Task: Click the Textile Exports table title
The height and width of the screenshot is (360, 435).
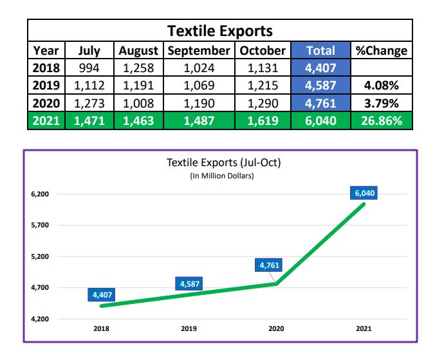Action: pyautogui.click(x=219, y=30)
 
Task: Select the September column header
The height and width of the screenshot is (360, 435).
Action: pyautogui.click(x=198, y=50)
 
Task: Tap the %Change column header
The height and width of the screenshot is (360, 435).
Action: pyautogui.click(x=382, y=50)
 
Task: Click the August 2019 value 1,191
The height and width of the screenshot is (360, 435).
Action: pyautogui.click(x=140, y=85)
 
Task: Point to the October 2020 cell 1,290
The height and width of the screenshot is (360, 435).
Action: pyautogui.click(x=263, y=103)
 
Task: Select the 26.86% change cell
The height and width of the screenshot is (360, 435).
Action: pyautogui.click(x=382, y=120)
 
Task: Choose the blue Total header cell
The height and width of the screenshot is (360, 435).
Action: pyautogui.click(x=320, y=50)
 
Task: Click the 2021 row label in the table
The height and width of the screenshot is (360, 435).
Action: pyautogui.click(x=46, y=120)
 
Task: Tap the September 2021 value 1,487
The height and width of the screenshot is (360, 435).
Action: pyautogui.click(x=198, y=120)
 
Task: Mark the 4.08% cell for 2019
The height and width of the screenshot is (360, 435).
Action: pyautogui.click(x=382, y=85)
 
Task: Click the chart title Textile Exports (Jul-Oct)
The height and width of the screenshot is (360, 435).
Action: pyautogui.click(x=223, y=163)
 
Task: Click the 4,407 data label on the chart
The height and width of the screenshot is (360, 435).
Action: pyautogui.click(x=102, y=295)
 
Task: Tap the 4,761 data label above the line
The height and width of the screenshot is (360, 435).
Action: pyautogui.click(x=270, y=265)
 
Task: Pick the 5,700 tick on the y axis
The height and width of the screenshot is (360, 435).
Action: pyautogui.click(x=40, y=225)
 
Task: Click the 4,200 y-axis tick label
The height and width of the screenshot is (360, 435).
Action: pyautogui.click(x=40, y=319)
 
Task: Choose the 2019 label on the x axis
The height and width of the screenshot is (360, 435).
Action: pyautogui.click(x=189, y=328)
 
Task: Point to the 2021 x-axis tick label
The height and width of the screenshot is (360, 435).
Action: pyautogui.click(x=364, y=328)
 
